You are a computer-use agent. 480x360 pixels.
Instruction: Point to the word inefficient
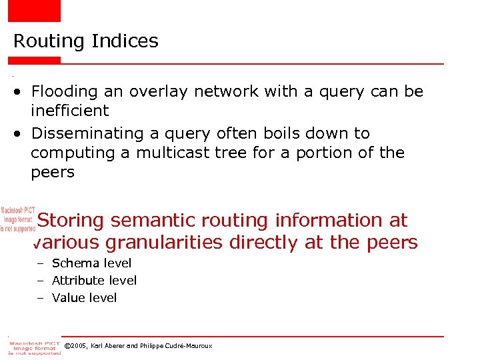[x=69, y=110]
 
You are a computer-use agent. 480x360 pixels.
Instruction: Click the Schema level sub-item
[x=91, y=263]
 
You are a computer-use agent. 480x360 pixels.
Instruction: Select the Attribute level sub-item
[x=94, y=281]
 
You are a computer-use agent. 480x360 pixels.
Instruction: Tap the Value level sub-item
[x=84, y=298]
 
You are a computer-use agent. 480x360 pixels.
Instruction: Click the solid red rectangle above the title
[x=34, y=11]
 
